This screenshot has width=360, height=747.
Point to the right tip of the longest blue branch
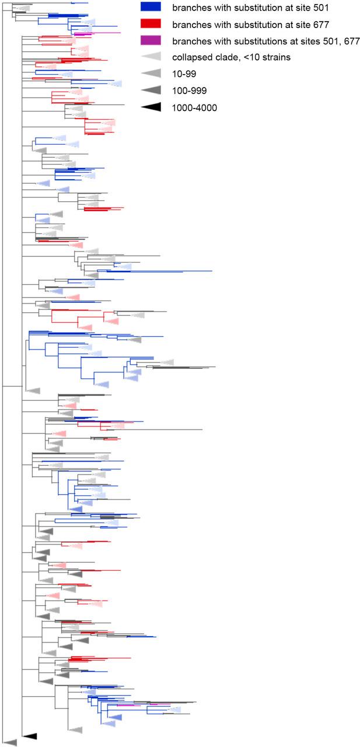click(212, 271)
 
